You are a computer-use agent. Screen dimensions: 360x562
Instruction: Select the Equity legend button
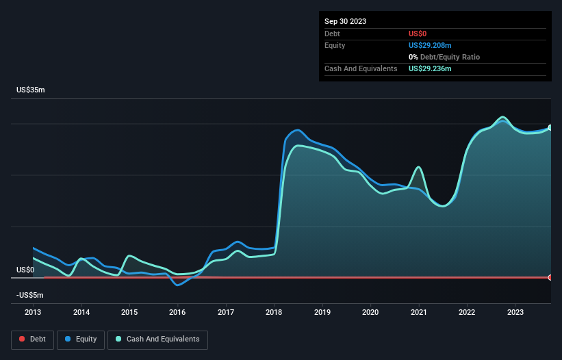point(81,339)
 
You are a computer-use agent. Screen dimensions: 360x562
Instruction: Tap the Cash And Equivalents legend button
point(157,339)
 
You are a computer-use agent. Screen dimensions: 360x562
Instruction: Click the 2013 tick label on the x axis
point(33,313)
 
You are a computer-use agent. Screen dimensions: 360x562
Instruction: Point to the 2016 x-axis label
point(177,313)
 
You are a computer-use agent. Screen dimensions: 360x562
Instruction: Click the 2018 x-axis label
point(274,313)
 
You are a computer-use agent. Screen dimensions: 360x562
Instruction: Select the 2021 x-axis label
point(418,313)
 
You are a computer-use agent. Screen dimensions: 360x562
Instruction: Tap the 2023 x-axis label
point(515,313)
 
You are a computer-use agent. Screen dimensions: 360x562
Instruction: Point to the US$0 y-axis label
point(25,270)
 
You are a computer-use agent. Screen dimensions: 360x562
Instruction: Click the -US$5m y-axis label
point(29,295)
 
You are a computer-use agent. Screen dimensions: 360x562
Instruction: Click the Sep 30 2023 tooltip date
point(345,21)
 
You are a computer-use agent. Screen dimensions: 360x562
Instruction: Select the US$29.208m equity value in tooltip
point(430,45)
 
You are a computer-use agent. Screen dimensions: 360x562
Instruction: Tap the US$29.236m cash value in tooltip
point(430,69)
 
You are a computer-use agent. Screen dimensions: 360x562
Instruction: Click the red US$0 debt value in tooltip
point(418,34)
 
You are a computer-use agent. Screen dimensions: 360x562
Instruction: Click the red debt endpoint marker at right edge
point(550,277)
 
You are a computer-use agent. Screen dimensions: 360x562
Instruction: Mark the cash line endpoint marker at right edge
point(550,128)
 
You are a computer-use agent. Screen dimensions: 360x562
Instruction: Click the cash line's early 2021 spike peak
point(418,167)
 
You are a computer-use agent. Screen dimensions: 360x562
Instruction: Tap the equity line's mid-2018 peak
point(297,130)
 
